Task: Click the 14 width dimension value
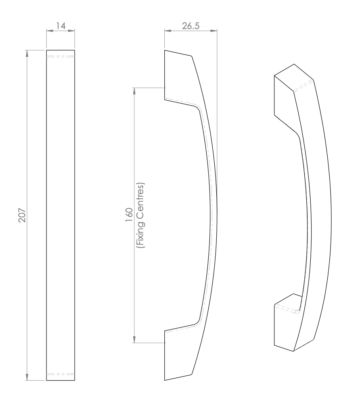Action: point(61,26)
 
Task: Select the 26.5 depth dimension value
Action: point(190,26)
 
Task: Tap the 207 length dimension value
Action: point(22,215)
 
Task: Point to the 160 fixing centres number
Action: point(129,214)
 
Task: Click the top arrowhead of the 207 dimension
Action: point(27,53)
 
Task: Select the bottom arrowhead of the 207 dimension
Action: point(27,377)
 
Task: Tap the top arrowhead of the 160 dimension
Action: point(134,92)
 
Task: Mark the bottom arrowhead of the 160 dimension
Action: point(134,339)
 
